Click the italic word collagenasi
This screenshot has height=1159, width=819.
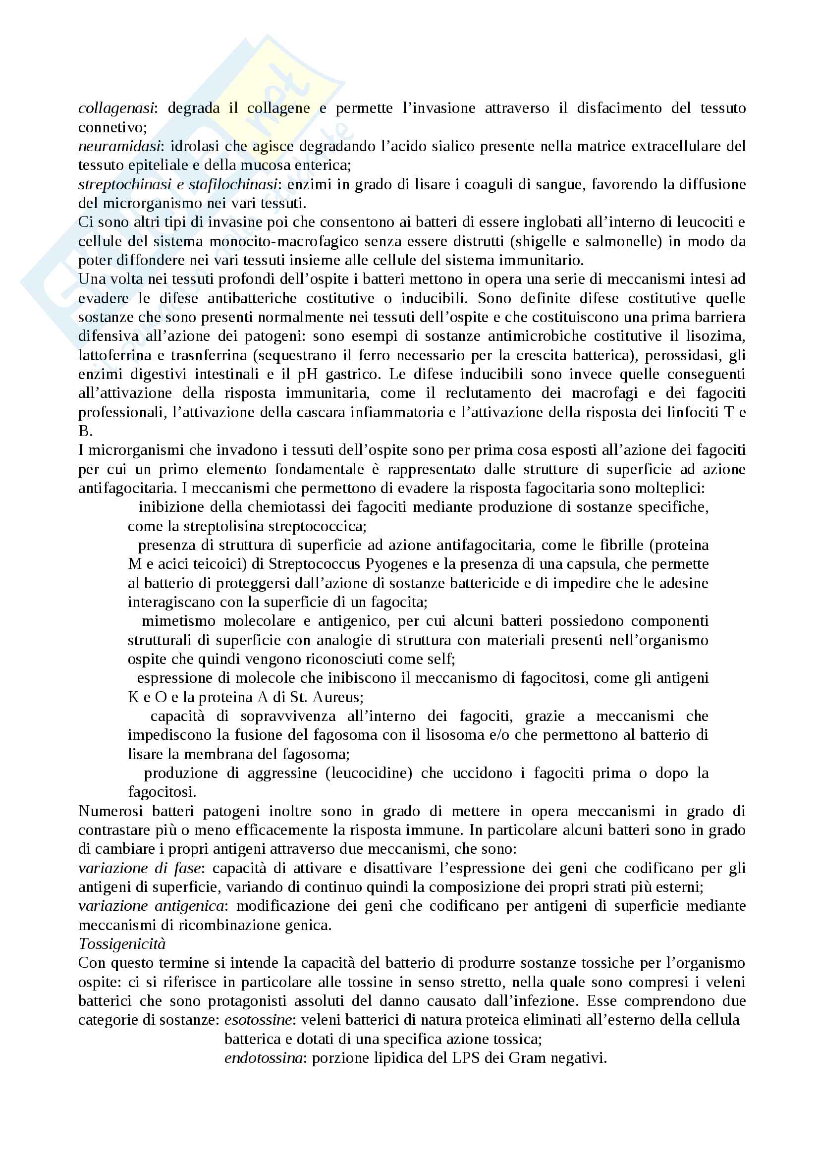116,108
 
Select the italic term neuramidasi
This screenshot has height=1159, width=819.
119,146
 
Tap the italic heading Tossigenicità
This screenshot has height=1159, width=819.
122,944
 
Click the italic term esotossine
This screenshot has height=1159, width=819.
258,1020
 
